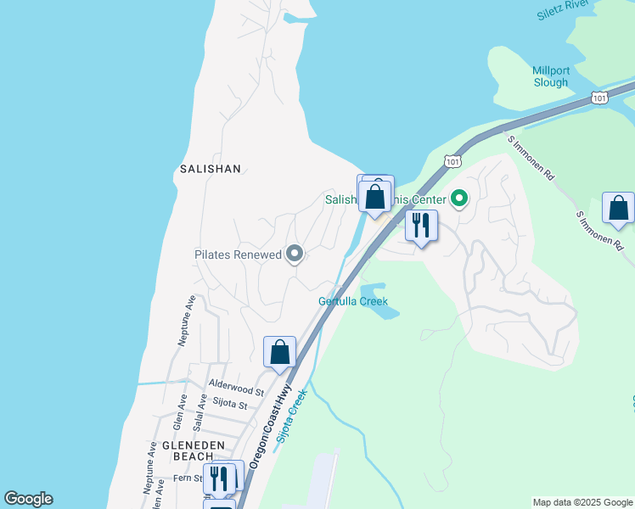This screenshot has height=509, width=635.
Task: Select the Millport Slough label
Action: tap(550, 76)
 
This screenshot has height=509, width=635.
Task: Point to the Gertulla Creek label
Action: tap(353, 301)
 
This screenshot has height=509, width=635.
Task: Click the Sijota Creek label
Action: tap(289, 422)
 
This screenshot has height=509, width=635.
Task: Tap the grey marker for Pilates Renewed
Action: tap(295, 255)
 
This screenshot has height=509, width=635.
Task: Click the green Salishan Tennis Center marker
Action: tap(459, 200)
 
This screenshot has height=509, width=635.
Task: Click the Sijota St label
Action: tap(230, 406)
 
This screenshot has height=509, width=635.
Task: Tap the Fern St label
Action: tap(188, 478)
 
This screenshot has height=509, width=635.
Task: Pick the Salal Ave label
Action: tap(199, 418)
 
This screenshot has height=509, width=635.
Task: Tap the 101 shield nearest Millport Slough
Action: tap(599, 98)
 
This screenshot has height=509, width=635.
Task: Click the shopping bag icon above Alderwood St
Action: tap(279, 352)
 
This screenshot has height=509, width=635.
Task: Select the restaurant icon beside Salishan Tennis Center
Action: tap(420, 226)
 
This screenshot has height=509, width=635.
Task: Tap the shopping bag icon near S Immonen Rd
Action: tap(619, 208)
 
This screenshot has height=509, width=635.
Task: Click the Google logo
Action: tap(28, 499)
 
